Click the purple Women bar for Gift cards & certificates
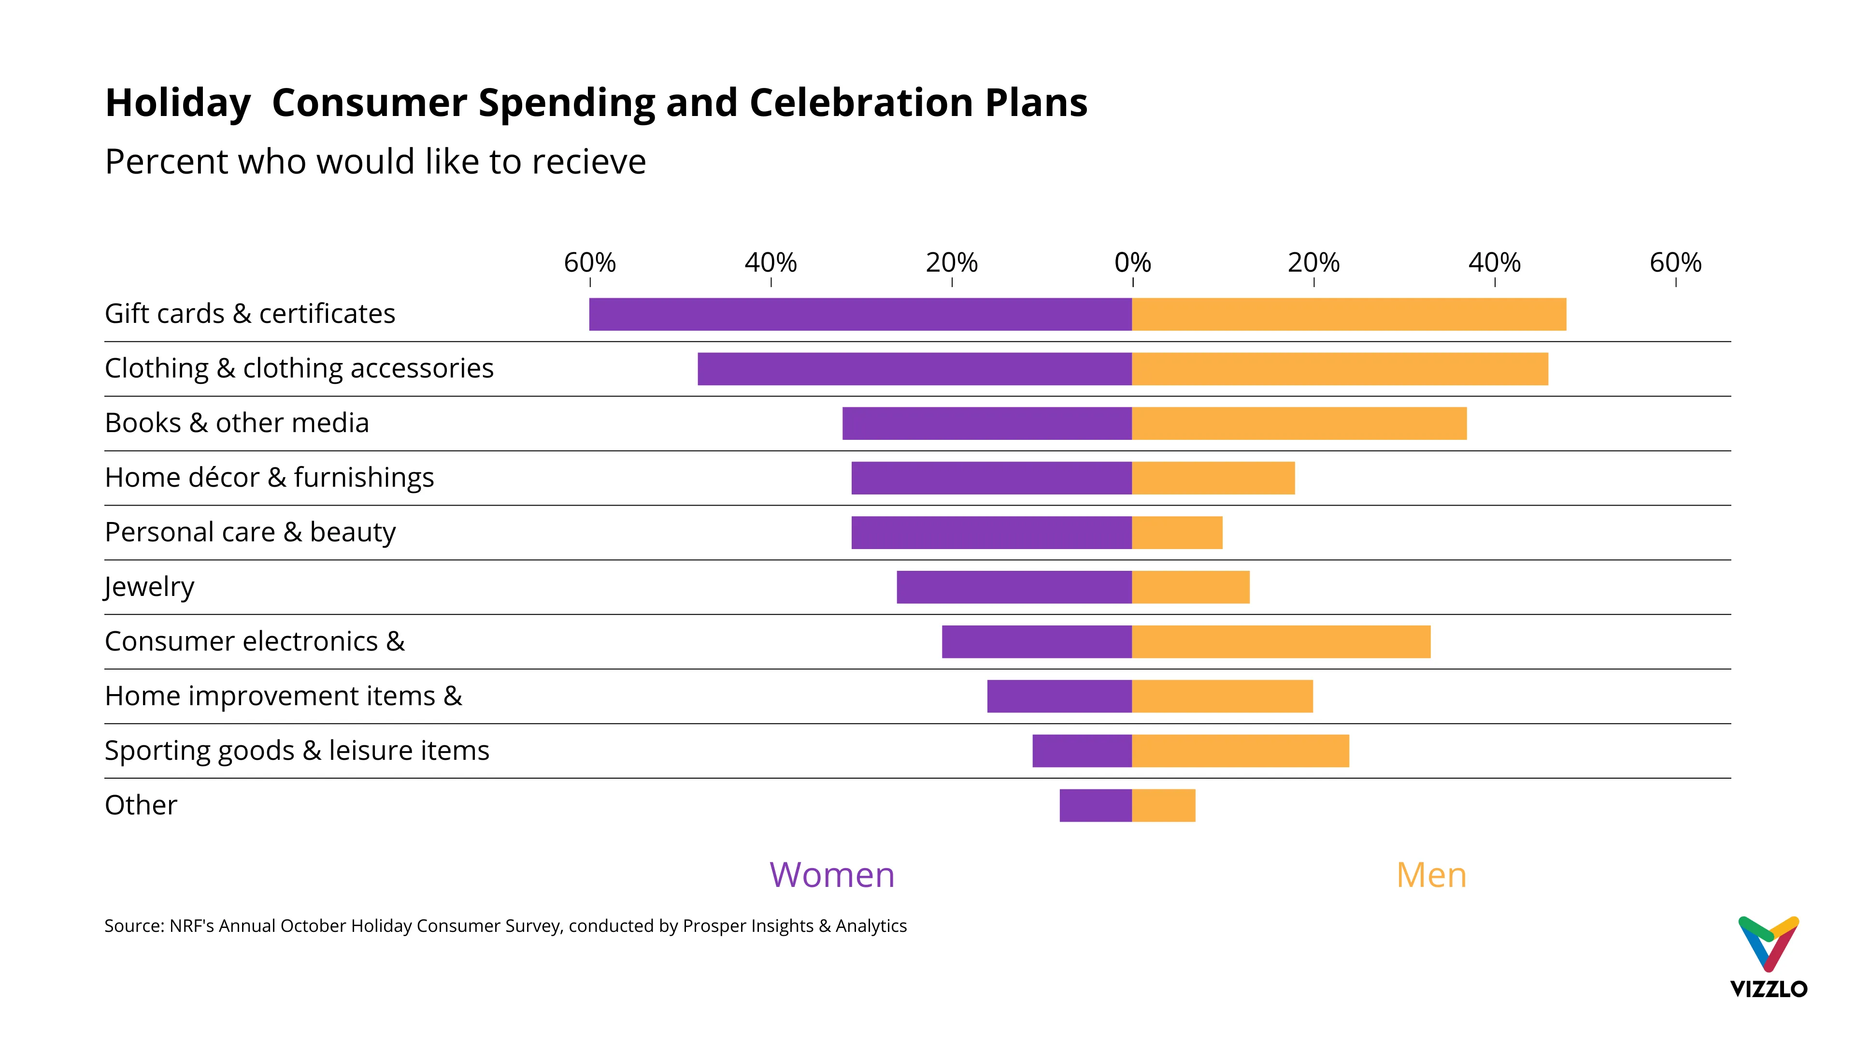click(x=860, y=314)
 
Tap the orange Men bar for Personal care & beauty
click(x=1177, y=533)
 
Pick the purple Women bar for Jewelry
click(x=1014, y=587)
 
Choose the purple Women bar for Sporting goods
click(x=1082, y=751)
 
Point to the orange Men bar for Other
click(x=1163, y=806)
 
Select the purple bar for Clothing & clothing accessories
click(x=914, y=369)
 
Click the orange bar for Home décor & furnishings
click(x=1213, y=478)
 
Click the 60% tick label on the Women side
click(x=590, y=263)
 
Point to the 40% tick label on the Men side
click(x=1494, y=263)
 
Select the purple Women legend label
click(x=832, y=875)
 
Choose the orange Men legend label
click(x=1431, y=875)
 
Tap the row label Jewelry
click(x=149, y=587)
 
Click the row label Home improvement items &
click(x=283, y=696)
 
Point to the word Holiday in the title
click(x=178, y=102)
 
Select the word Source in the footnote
click(x=134, y=926)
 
